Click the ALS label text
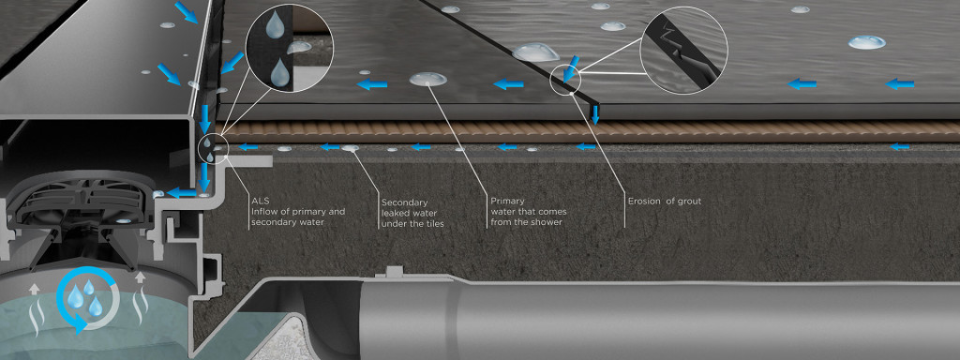259,201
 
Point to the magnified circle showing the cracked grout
683,51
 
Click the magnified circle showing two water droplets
289,49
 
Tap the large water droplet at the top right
866,42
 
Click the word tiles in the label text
432,224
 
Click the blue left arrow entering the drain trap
181,193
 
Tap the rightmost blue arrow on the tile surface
899,83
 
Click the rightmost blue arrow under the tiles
899,146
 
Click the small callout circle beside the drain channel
214,147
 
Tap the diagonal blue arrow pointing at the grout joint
572,67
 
